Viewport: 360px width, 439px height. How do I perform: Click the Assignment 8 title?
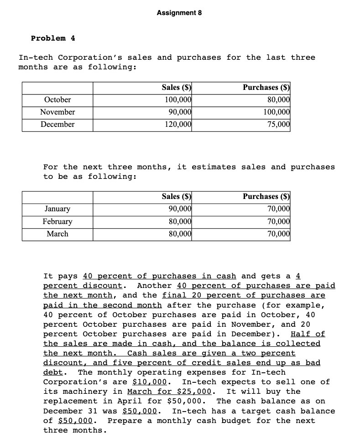click(x=179, y=13)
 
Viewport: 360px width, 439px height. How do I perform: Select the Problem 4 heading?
click(x=53, y=38)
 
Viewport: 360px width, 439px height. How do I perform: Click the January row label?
click(x=57, y=209)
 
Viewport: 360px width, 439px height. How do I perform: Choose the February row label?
click(x=57, y=221)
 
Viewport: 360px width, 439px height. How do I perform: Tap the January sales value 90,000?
click(x=179, y=209)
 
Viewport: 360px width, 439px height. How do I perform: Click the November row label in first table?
click(x=57, y=112)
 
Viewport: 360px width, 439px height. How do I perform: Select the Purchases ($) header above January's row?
click(x=267, y=197)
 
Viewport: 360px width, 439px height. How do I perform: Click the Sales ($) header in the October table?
click(x=176, y=87)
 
